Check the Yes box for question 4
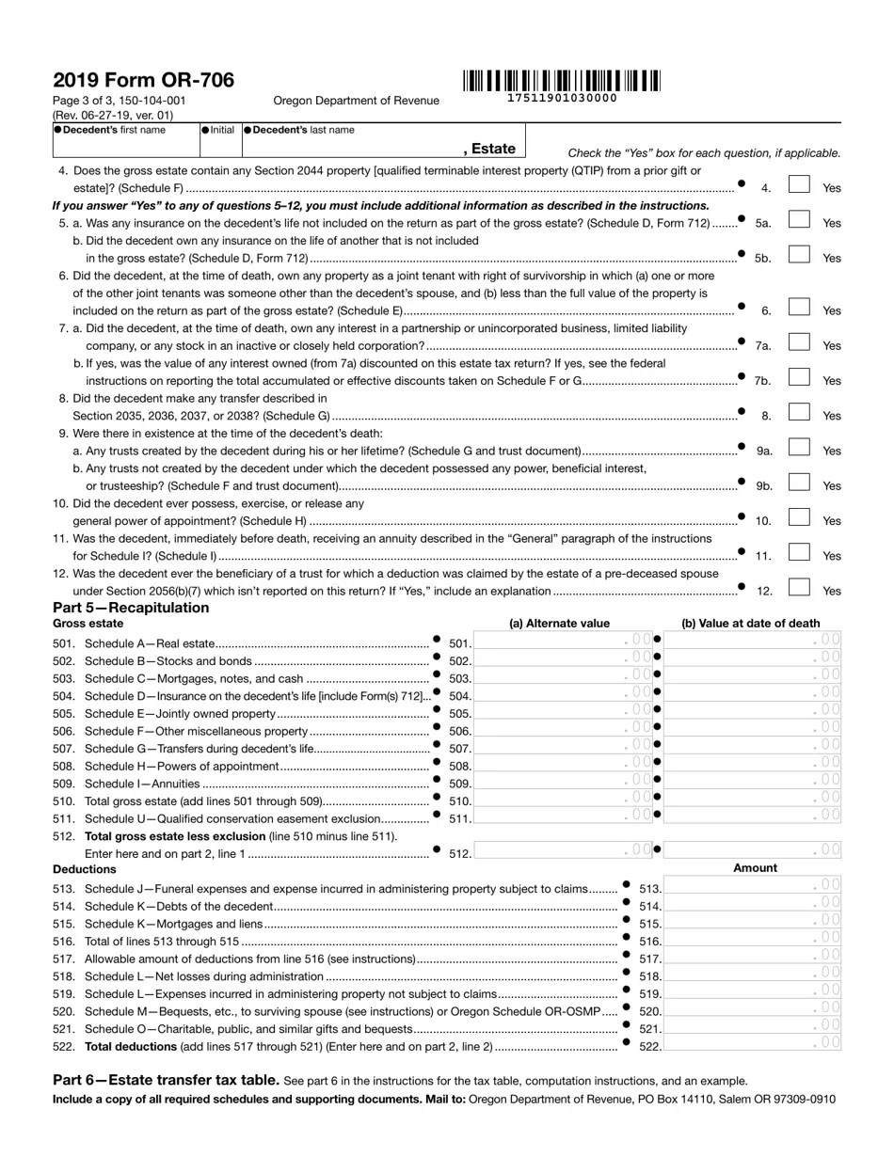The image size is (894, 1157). pyautogui.click(x=799, y=185)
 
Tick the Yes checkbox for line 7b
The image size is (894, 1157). pyautogui.click(x=799, y=377)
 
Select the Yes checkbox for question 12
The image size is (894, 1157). pyautogui.click(x=799, y=588)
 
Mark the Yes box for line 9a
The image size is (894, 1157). pyautogui.click(x=799, y=448)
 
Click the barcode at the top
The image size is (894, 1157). pyautogui.click(x=562, y=81)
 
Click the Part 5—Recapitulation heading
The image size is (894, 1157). pyautogui.click(x=131, y=608)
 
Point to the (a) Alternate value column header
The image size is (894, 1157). pyautogui.click(x=559, y=623)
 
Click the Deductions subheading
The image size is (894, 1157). pyautogui.click(x=85, y=869)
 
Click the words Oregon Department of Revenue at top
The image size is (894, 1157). pyautogui.click(x=356, y=101)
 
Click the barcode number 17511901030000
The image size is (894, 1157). pyautogui.click(x=562, y=98)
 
